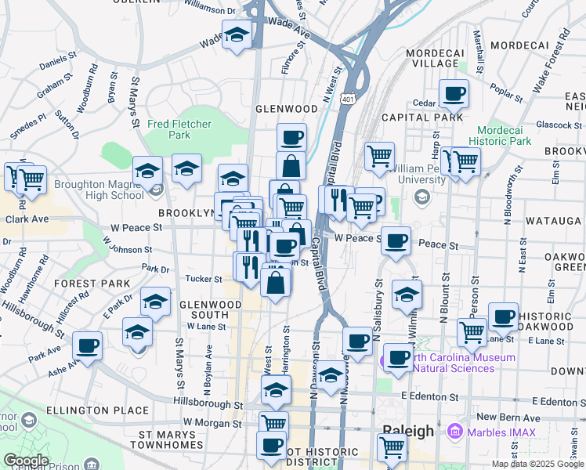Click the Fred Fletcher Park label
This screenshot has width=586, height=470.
click(x=179, y=129)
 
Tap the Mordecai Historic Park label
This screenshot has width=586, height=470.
click(x=505, y=136)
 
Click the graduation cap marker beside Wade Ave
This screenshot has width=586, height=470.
click(x=237, y=35)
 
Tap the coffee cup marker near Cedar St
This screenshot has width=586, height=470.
click(x=454, y=94)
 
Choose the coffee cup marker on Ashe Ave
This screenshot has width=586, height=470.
click(x=87, y=345)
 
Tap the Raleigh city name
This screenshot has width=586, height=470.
click(x=408, y=432)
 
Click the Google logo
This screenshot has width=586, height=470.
click(x=26, y=461)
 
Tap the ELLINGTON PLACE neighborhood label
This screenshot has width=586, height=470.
click(x=97, y=410)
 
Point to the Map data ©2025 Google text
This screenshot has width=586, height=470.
click(x=537, y=464)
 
